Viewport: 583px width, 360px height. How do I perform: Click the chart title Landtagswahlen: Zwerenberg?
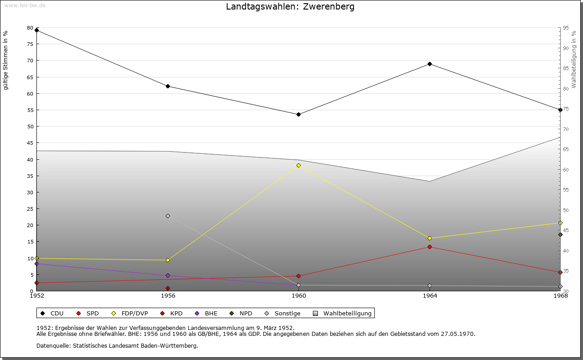290,7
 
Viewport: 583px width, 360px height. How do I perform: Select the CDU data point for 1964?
430,64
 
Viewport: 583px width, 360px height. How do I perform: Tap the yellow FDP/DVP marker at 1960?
298,165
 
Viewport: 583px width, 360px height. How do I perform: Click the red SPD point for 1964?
430,247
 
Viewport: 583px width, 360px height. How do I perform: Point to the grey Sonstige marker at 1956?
168,216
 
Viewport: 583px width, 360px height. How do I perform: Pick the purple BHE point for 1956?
168,275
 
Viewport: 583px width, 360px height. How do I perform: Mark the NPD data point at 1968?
560,235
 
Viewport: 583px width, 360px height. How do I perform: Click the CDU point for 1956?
168,86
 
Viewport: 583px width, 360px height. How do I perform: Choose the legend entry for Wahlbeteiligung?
347,313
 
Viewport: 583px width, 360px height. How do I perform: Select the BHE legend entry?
211,313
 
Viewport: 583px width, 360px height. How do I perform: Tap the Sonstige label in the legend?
287,313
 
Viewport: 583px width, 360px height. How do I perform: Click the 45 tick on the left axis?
30,143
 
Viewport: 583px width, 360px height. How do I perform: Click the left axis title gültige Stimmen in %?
6,61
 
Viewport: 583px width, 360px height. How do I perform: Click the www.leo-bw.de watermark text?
24,5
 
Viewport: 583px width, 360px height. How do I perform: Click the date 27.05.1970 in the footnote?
458,334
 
